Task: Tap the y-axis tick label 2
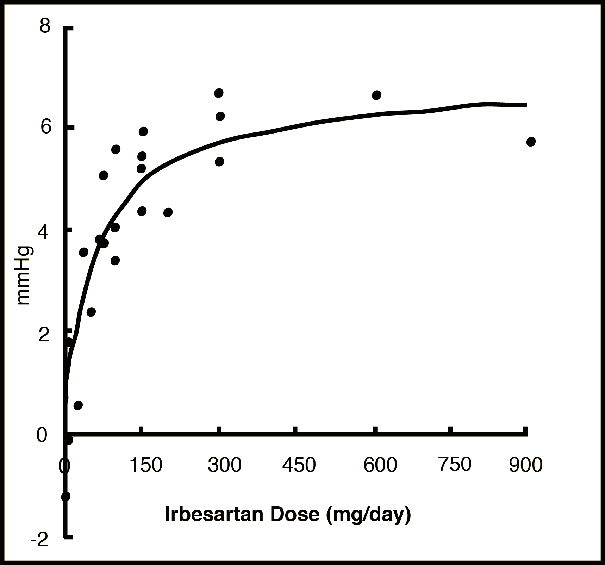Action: tap(43, 335)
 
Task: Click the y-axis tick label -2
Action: tap(39, 540)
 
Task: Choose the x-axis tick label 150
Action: tap(146, 465)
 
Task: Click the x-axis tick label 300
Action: tap(225, 465)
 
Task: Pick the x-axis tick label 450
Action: tap(299, 465)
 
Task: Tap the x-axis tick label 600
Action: tap(380, 465)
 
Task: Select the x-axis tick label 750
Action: tap(455, 465)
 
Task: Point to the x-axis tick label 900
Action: tap(526, 465)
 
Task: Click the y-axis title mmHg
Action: tap(24, 275)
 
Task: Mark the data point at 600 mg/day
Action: tap(376, 95)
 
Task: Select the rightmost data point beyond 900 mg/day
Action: tap(531, 142)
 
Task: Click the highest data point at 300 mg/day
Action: tap(219, 93)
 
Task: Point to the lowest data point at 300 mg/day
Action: tap(219, 162)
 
